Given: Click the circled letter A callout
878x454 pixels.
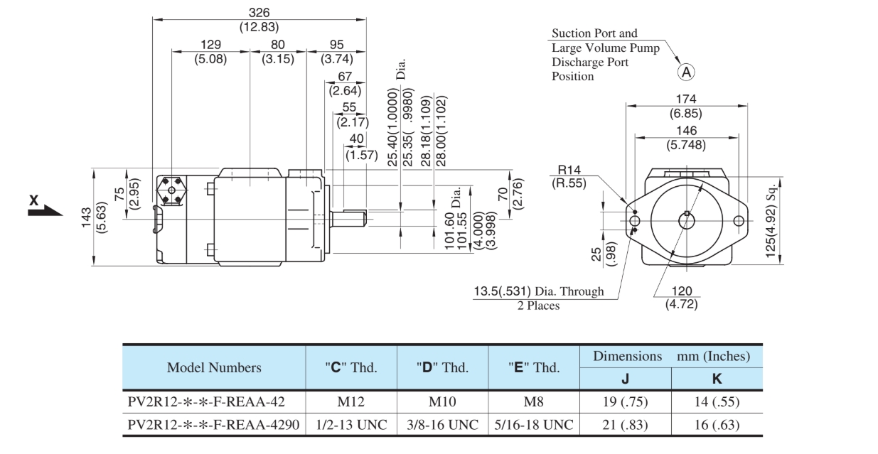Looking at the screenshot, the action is pyautogui.click(x=687, y=71).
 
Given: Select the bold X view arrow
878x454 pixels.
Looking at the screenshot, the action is pyautogui.click(x=44, y=205).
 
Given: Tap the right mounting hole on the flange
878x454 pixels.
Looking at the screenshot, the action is pyautogui.click(x=739, y=220).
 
